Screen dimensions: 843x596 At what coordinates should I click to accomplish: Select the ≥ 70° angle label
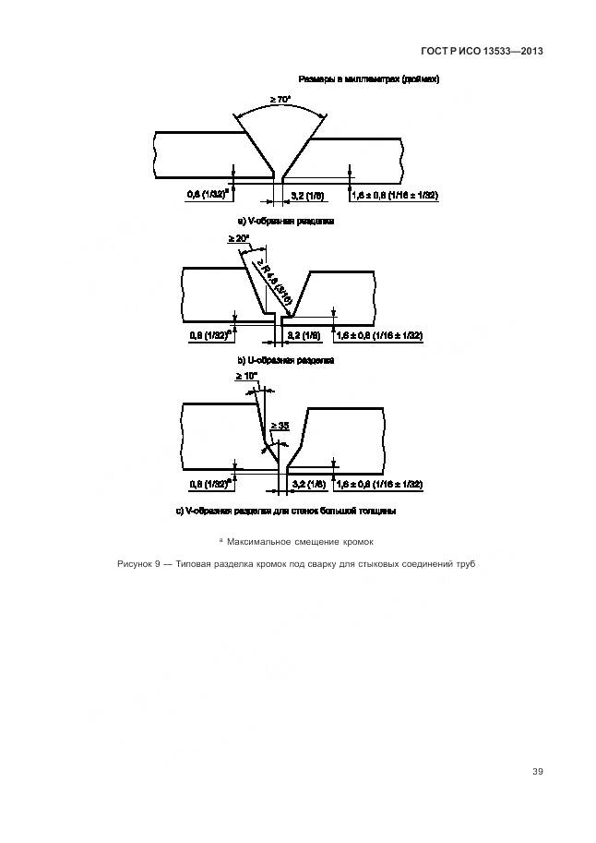(280, 99)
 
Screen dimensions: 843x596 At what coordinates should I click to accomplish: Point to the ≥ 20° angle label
(238, 239)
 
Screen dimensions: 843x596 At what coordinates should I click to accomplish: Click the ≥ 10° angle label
(244, 377)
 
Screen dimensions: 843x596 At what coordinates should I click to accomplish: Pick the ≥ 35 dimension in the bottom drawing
(281, 426)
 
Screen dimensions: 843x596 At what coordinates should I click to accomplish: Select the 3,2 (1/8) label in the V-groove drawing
(307, 196)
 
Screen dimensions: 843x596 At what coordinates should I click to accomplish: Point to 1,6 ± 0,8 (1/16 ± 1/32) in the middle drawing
(379, 335)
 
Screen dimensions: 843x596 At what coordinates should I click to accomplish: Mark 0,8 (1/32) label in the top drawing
(208, 196)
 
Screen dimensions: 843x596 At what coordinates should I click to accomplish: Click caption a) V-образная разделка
(286, 223)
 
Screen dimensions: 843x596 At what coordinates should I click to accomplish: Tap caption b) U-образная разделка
(286, 360)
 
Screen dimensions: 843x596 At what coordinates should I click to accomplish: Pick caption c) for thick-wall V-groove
(286, 511)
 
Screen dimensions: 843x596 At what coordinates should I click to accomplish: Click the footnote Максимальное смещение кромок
(301, 540)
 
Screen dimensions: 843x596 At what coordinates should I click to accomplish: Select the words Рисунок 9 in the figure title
(139, 563)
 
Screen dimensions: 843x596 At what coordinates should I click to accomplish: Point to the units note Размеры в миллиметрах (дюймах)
(369, 79)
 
